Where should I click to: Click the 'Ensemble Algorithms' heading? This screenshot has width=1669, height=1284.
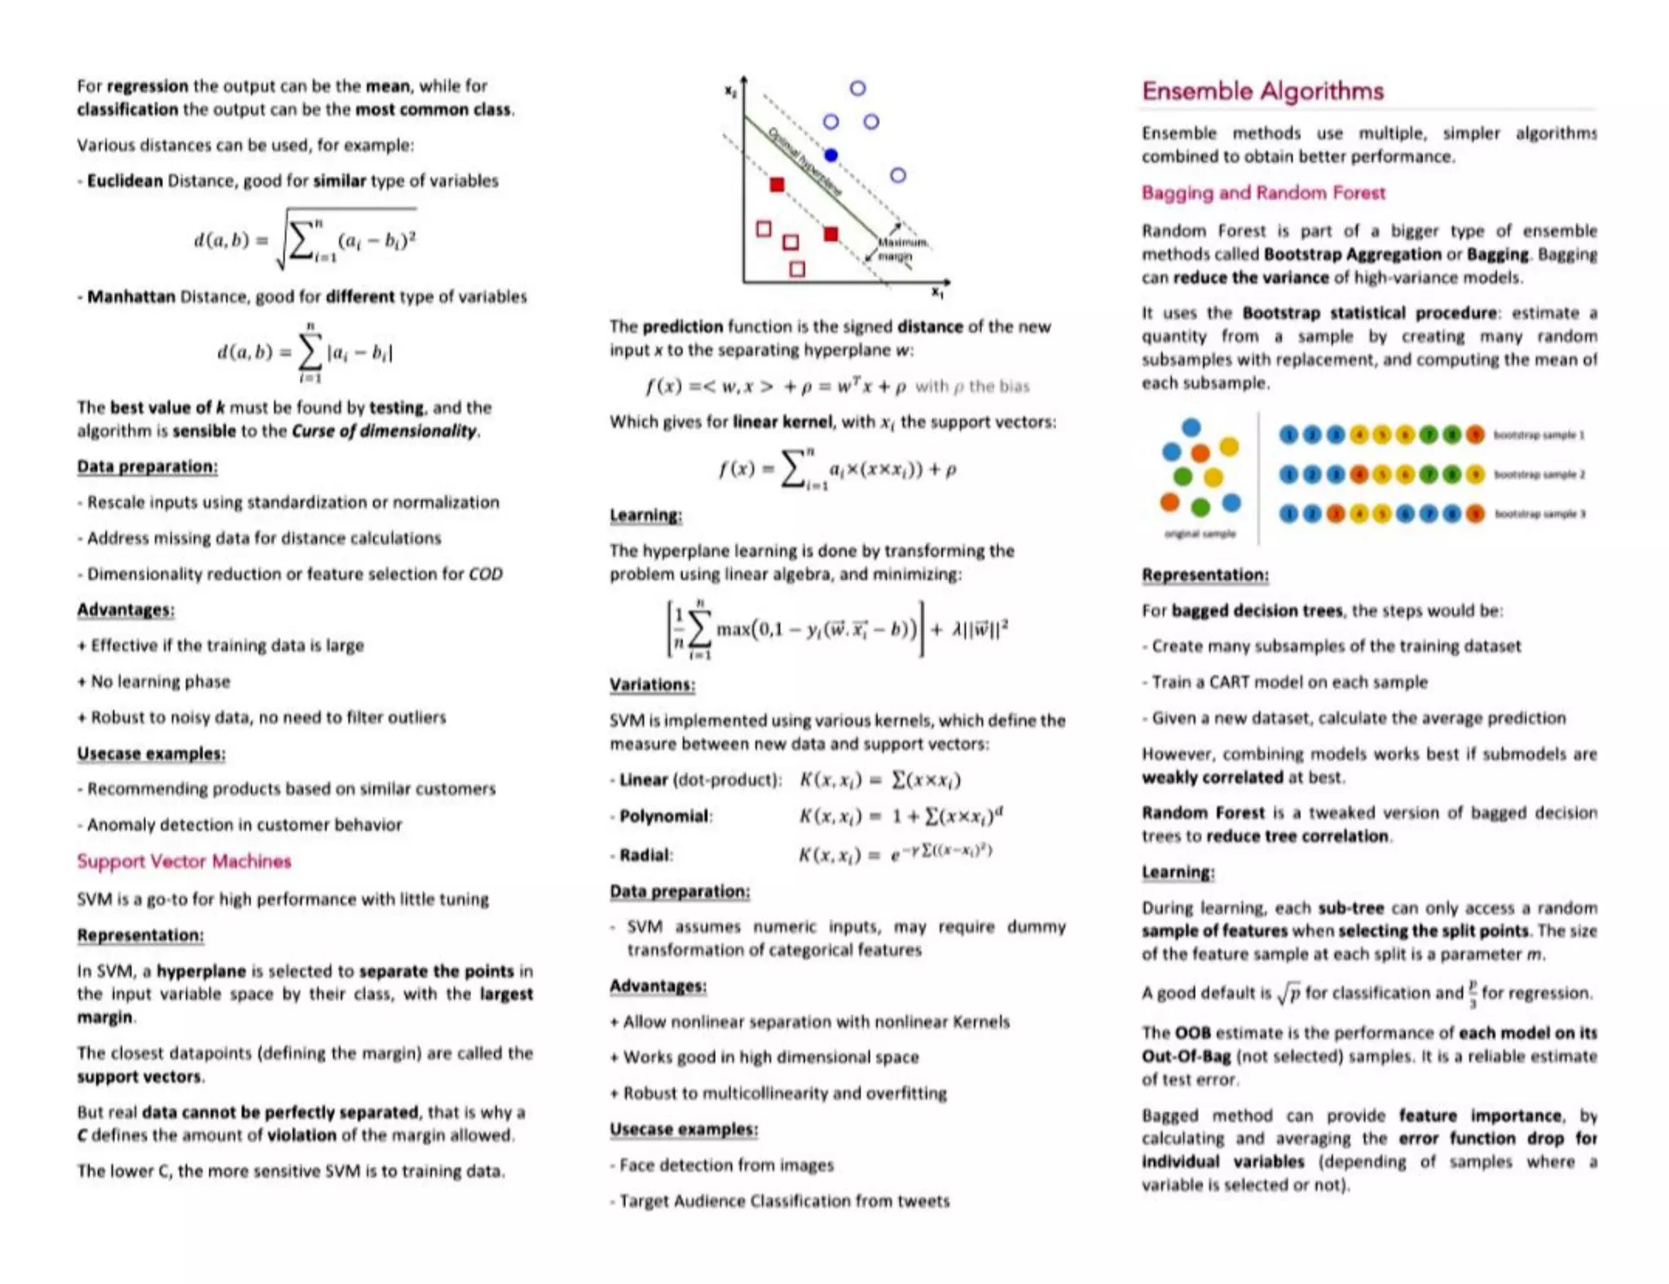point(1262,90)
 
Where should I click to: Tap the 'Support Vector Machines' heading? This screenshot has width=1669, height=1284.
point(183,861)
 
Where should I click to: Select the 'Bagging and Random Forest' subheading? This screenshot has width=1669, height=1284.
point(1263,193)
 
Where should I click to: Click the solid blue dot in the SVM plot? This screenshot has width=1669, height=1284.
point(830,155)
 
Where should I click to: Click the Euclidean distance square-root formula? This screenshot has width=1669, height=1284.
point(306,240)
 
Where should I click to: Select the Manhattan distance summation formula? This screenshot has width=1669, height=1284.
point(306,352)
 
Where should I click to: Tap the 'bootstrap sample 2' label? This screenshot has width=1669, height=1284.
point(1539,474)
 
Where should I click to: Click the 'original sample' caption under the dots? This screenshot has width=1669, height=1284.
point(1200,534)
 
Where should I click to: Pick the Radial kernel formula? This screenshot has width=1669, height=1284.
point(894,854)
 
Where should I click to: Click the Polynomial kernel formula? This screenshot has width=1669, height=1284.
point(901,816)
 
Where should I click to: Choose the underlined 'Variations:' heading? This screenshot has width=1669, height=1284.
point(652,685)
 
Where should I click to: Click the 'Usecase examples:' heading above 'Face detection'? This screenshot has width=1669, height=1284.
point(684,1129)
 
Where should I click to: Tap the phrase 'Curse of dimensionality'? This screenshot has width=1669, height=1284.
point(384,431)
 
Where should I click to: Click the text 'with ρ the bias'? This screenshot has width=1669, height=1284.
point(972,386)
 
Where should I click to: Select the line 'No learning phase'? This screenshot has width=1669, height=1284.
point(160,681)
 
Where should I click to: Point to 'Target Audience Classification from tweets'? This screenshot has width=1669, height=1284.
point(784,1201)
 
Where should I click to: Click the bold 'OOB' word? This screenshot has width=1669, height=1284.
point(1192,1033)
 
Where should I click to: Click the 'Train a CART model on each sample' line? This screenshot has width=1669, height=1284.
point(1288,682)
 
